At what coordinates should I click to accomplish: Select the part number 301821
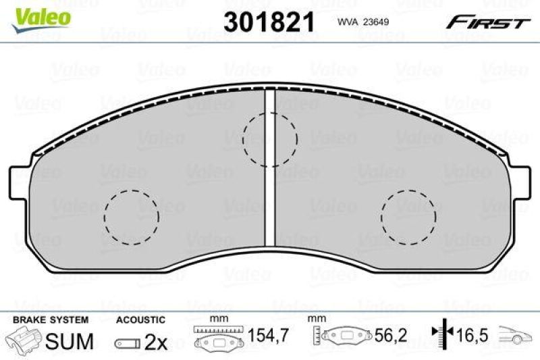[x=269, y=22]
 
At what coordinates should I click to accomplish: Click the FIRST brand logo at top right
[x=487, y=23]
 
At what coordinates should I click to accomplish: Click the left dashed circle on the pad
[x=132, y=217]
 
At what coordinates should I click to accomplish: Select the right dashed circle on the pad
[x=408, y=217]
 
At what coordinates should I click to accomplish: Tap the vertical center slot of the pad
[x=270, y=169]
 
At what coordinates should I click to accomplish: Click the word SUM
[x=70, y=342]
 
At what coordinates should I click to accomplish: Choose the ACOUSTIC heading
[x=140, y=319]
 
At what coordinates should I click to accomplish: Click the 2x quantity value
[x=156, y=342]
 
